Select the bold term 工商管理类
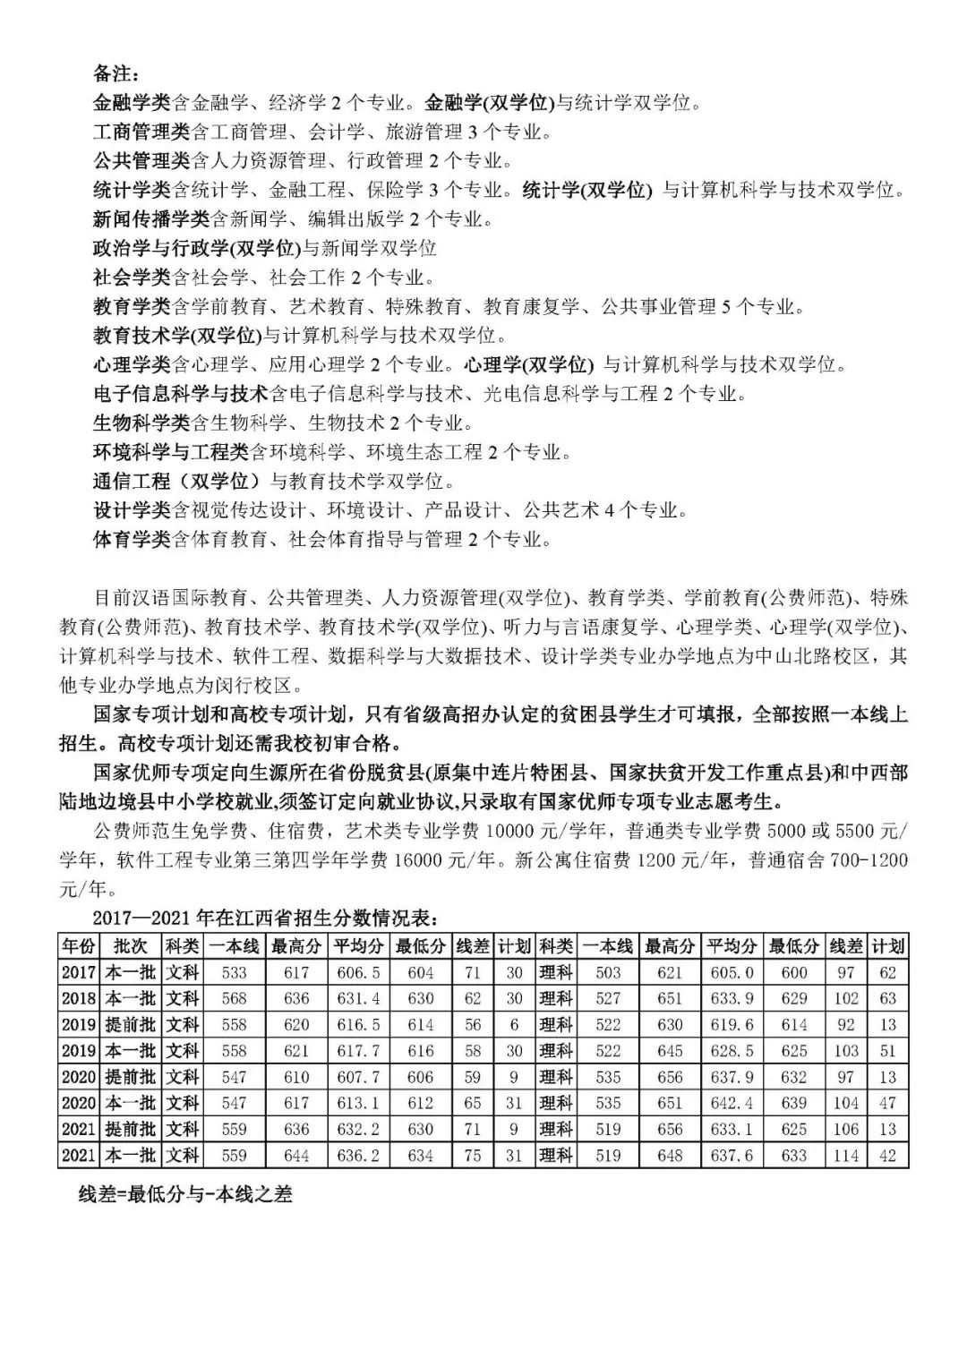click(x=141, y=132)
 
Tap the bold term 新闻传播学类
click(x=151, y=218)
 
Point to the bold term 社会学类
click(x=132, y=277)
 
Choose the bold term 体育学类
click(x=132, y=539)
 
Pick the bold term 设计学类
click(x=132, y=510)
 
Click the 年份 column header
click(x=78, y=946)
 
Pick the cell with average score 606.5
click(x=358, y=972)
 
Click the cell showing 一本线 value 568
click(x=234, y=998)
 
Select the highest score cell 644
click(x=295, y=1156)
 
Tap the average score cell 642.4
click(x=732, y=1103)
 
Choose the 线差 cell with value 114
click(x=846, y=1156)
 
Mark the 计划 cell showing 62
click(x=887, y=972)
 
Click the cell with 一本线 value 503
click(x=607, y=972)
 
